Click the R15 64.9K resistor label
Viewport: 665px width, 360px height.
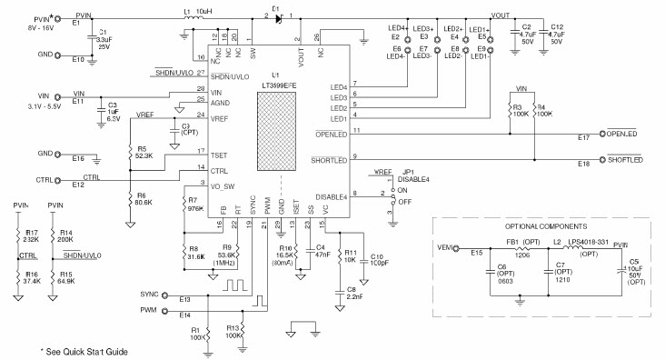(x=65, y=275)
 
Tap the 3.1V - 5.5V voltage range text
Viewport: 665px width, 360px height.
(x=25, y=106)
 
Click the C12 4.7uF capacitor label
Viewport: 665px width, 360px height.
(x=561, y=34)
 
